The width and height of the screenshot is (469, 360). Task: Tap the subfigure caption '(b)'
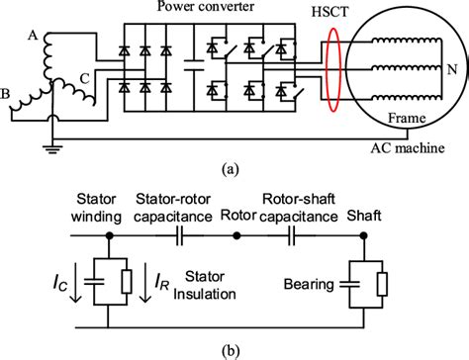(x=234, y=349)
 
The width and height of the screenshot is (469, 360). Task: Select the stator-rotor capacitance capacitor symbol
(x=179, y=237)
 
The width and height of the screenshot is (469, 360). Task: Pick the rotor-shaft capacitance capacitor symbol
(x=295, y=237)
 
